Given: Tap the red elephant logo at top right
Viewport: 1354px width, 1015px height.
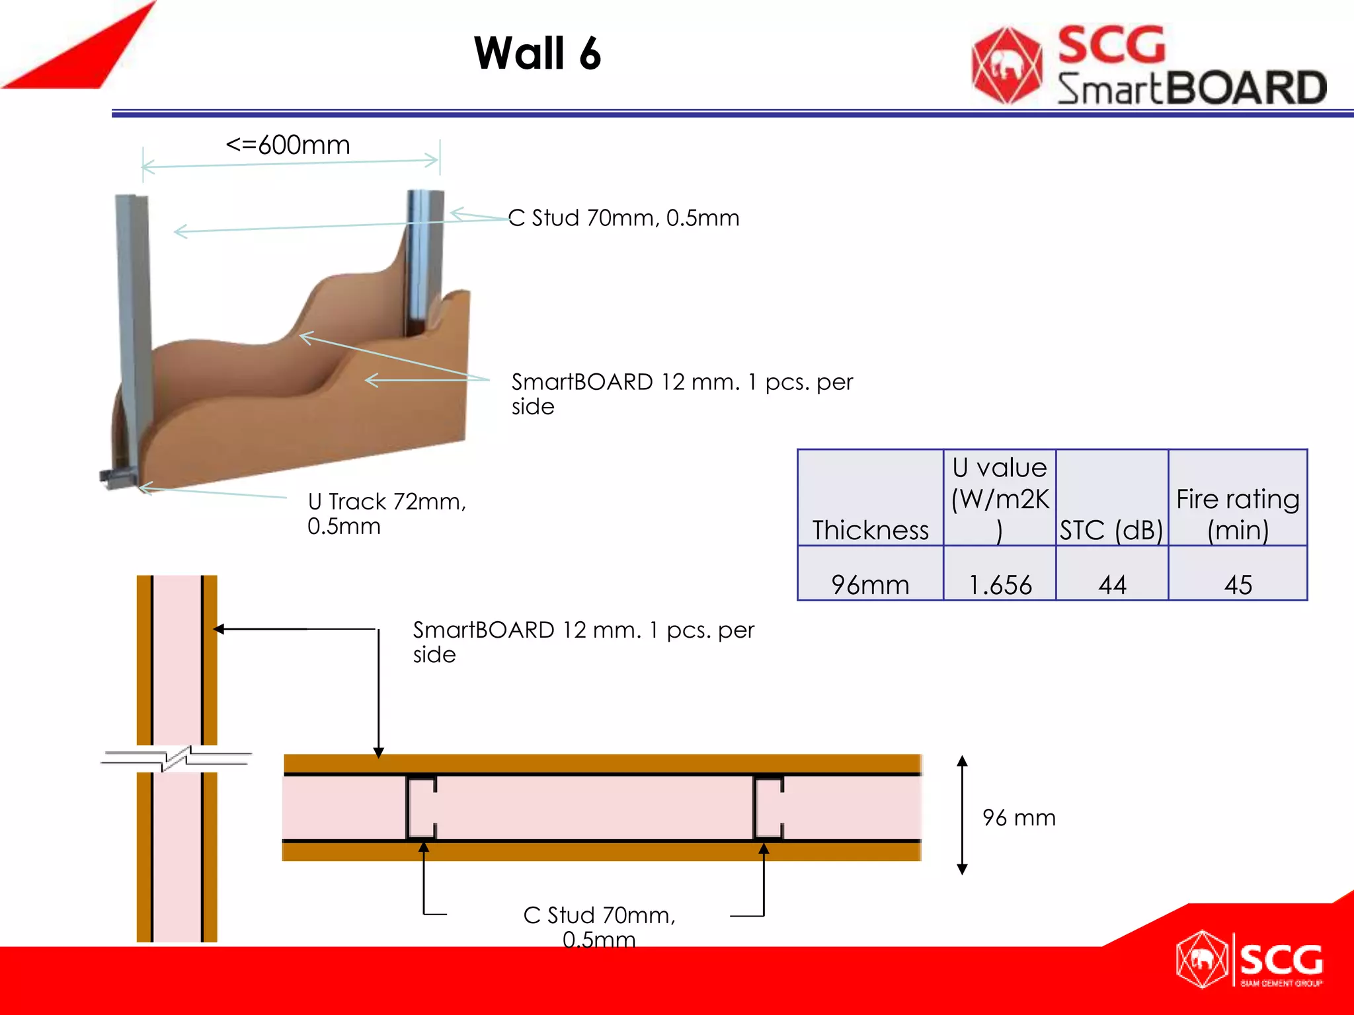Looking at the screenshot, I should pyautogui.click(x=1006, y=65).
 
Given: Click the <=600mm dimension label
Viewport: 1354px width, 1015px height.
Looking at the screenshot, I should pyautogui.click(x=288, y=145).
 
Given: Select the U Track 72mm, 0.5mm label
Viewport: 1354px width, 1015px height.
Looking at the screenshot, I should pyautogui.click(x=387, y=513).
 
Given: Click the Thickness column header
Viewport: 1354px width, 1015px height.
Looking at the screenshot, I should pyautogui.click(x=870, y=530).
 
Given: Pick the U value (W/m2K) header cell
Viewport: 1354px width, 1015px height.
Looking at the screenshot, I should pyautogui.click(x=1000, y=498).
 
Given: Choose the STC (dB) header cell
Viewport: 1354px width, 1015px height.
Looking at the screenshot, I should pyautogui.click(x=1111, y=530).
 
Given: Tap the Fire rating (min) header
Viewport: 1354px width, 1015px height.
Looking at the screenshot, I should pyautogui.click(x=1238, y=514).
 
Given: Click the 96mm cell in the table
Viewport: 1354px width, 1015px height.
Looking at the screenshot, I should pyautogui.click(x=870, y=584).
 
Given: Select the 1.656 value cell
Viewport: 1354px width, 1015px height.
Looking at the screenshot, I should pyautogui.click(x=1000, y=584).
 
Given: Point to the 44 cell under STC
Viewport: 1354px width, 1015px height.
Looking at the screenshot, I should pyautogui.click(x=1112, y=584).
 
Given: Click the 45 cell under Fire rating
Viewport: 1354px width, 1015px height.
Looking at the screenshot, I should pyautogui.click(x=1238, y=584).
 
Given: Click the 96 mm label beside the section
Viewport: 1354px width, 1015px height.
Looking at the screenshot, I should pyautogui.click(x=1019, y=817).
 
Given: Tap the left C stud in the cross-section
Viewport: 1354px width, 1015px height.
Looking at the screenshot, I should pyautogui.click(x=420, y=808).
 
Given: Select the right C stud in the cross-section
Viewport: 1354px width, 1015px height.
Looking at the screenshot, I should pyautogui.click(x=768, y=808).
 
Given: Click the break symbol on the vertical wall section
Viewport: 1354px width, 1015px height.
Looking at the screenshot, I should pyautogui.click(x=177, y=758).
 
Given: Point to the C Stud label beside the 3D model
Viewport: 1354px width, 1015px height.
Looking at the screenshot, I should pyautogui.click(x=623, y=218).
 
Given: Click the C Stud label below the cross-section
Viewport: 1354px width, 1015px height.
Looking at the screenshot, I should pyautogui.click(x=599, y=926).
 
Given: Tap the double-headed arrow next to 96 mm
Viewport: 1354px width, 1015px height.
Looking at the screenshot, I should pyautogui.click(x=963, y=815).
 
